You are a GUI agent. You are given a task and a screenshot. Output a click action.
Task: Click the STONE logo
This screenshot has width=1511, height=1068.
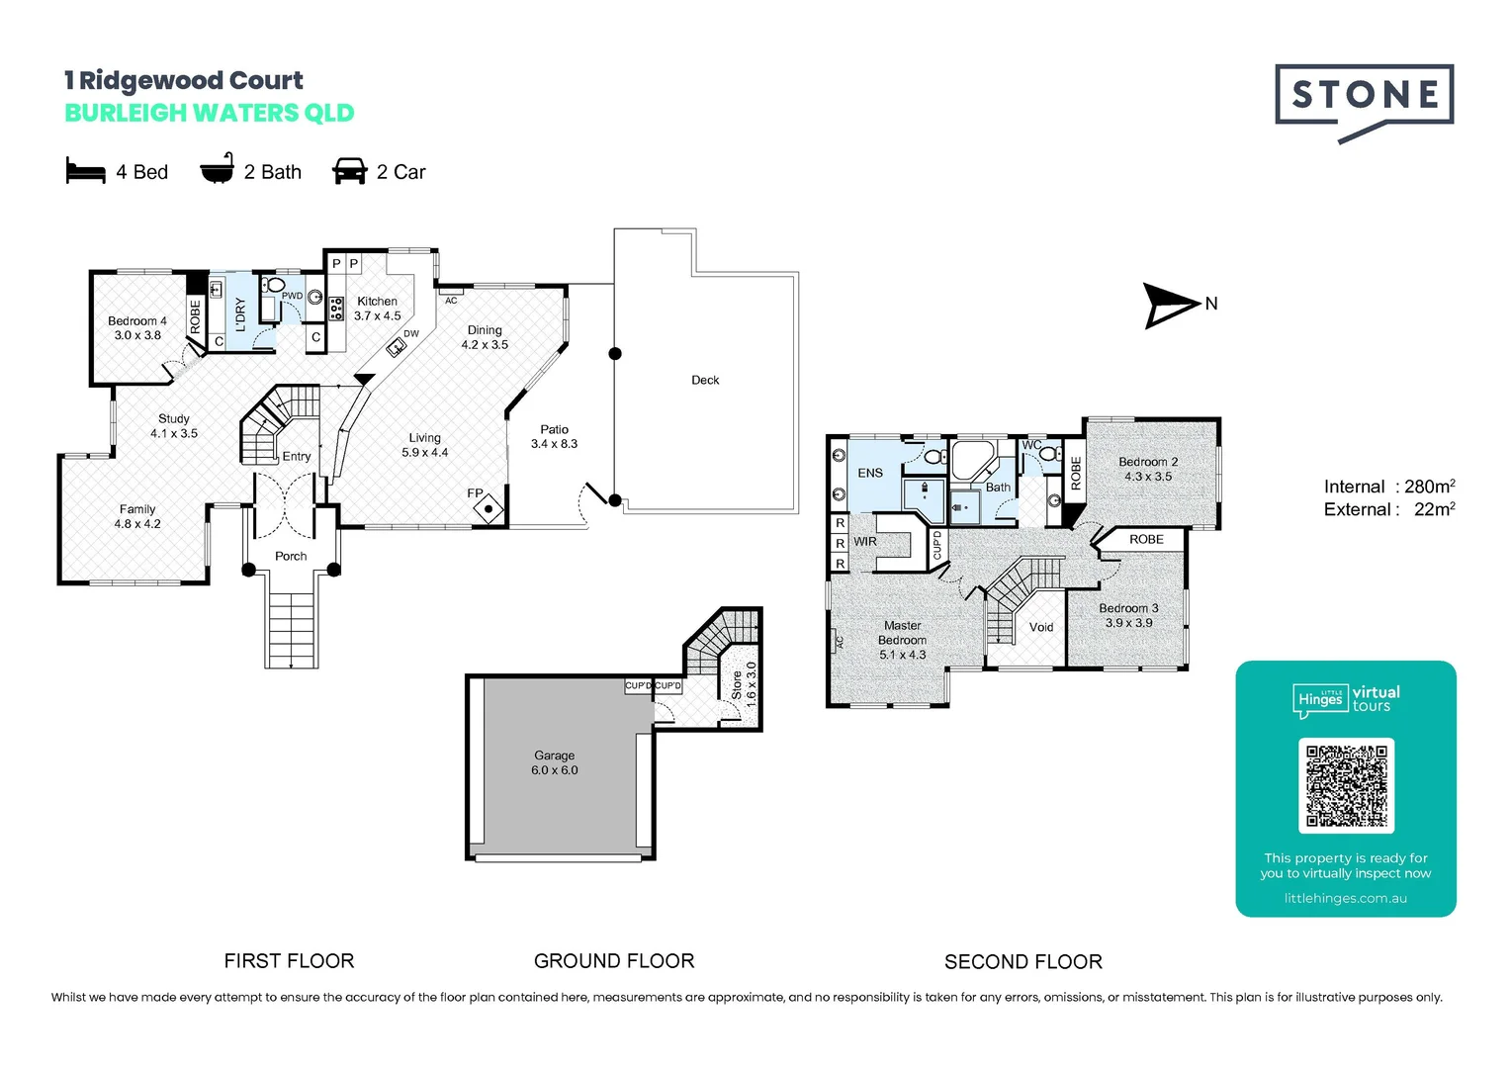(1364, 97)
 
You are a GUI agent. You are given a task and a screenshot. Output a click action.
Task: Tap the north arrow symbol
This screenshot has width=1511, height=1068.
(1171, 305)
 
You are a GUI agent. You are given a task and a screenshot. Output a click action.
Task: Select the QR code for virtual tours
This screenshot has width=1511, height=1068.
(1346, 786)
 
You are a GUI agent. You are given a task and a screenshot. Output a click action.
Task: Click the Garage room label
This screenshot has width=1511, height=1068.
(554, 756)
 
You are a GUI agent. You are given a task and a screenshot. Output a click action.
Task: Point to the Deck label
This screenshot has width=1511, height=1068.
(705, 380)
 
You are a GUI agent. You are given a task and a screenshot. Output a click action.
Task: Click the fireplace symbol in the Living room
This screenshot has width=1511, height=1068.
(489, 509)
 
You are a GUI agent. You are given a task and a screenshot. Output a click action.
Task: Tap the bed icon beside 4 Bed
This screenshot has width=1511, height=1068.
(85, 171)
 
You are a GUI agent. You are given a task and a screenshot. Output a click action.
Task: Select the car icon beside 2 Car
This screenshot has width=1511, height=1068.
(349, 171)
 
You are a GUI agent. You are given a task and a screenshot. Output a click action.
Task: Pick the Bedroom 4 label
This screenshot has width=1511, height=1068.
(136, 321)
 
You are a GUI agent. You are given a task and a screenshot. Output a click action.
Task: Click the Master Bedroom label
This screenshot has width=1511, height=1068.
(902, 633)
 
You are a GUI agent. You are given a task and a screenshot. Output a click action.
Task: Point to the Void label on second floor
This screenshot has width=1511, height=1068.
(1041, 627)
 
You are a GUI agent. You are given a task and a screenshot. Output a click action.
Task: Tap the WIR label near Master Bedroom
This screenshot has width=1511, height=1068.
(865, 542)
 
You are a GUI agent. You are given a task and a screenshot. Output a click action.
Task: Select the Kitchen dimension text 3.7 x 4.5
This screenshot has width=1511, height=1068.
(378, 316)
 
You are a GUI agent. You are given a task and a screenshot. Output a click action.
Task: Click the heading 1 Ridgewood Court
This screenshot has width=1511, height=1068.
(184, 80)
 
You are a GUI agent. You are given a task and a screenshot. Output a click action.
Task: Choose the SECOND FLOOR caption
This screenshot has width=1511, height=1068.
(1022, 961)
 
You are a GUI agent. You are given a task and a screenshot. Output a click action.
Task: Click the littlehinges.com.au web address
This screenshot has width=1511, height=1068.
(1345, 898)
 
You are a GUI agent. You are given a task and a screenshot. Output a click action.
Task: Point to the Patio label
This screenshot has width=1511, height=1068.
(554, 429)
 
